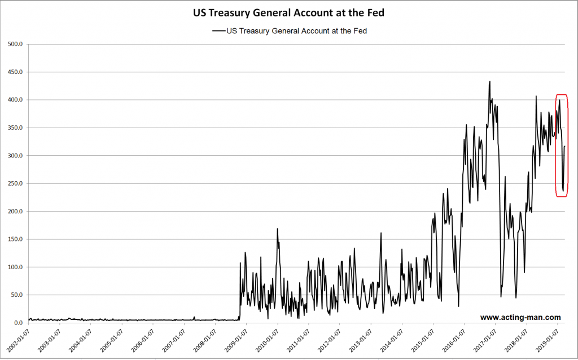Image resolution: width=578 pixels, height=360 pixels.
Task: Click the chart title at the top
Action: [289, 12]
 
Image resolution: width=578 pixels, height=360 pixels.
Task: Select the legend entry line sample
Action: [218, 31]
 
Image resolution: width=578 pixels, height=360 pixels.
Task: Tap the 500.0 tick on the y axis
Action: [15, 44]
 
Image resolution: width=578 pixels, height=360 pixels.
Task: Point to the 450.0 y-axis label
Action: [15, 72]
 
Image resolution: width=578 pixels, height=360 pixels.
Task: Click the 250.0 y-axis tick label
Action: [15, 183]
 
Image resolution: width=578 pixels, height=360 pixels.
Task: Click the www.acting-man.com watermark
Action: [520, 317]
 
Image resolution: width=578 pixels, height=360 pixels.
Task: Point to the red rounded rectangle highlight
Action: [567, 146]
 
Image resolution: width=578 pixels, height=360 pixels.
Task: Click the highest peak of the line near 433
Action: [489, 81]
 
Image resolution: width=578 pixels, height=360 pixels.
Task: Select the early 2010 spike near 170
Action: [278, 229]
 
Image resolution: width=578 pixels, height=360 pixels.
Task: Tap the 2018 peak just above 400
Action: [536, 96]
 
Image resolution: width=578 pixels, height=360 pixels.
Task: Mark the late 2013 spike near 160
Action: [381, 232]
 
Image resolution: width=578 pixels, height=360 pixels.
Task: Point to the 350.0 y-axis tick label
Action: [15, 128]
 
